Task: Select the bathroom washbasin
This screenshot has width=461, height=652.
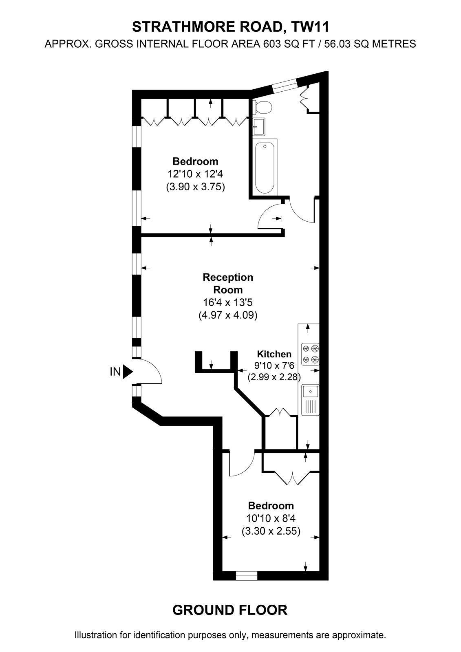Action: [259, 127]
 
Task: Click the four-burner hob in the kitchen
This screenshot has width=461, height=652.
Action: [311, 354]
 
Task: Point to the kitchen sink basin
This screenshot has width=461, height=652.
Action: [311, 391]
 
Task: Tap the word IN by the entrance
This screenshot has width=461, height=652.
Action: [115, 372]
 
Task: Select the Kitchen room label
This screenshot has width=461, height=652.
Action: [274, 354]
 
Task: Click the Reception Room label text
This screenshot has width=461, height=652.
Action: [228, 283]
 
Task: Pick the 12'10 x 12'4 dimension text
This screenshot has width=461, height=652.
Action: [195, 174]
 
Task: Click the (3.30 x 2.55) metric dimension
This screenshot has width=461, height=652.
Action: [271, 531]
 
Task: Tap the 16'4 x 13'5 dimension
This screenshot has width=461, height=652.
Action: [228, 302]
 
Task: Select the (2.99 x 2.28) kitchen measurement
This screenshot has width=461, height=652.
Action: [274, 377]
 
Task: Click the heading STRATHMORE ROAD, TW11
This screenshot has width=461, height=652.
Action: [231, 27]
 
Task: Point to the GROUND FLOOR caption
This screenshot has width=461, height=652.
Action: [230, 610]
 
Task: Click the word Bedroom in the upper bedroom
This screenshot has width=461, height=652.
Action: [195, 161]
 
